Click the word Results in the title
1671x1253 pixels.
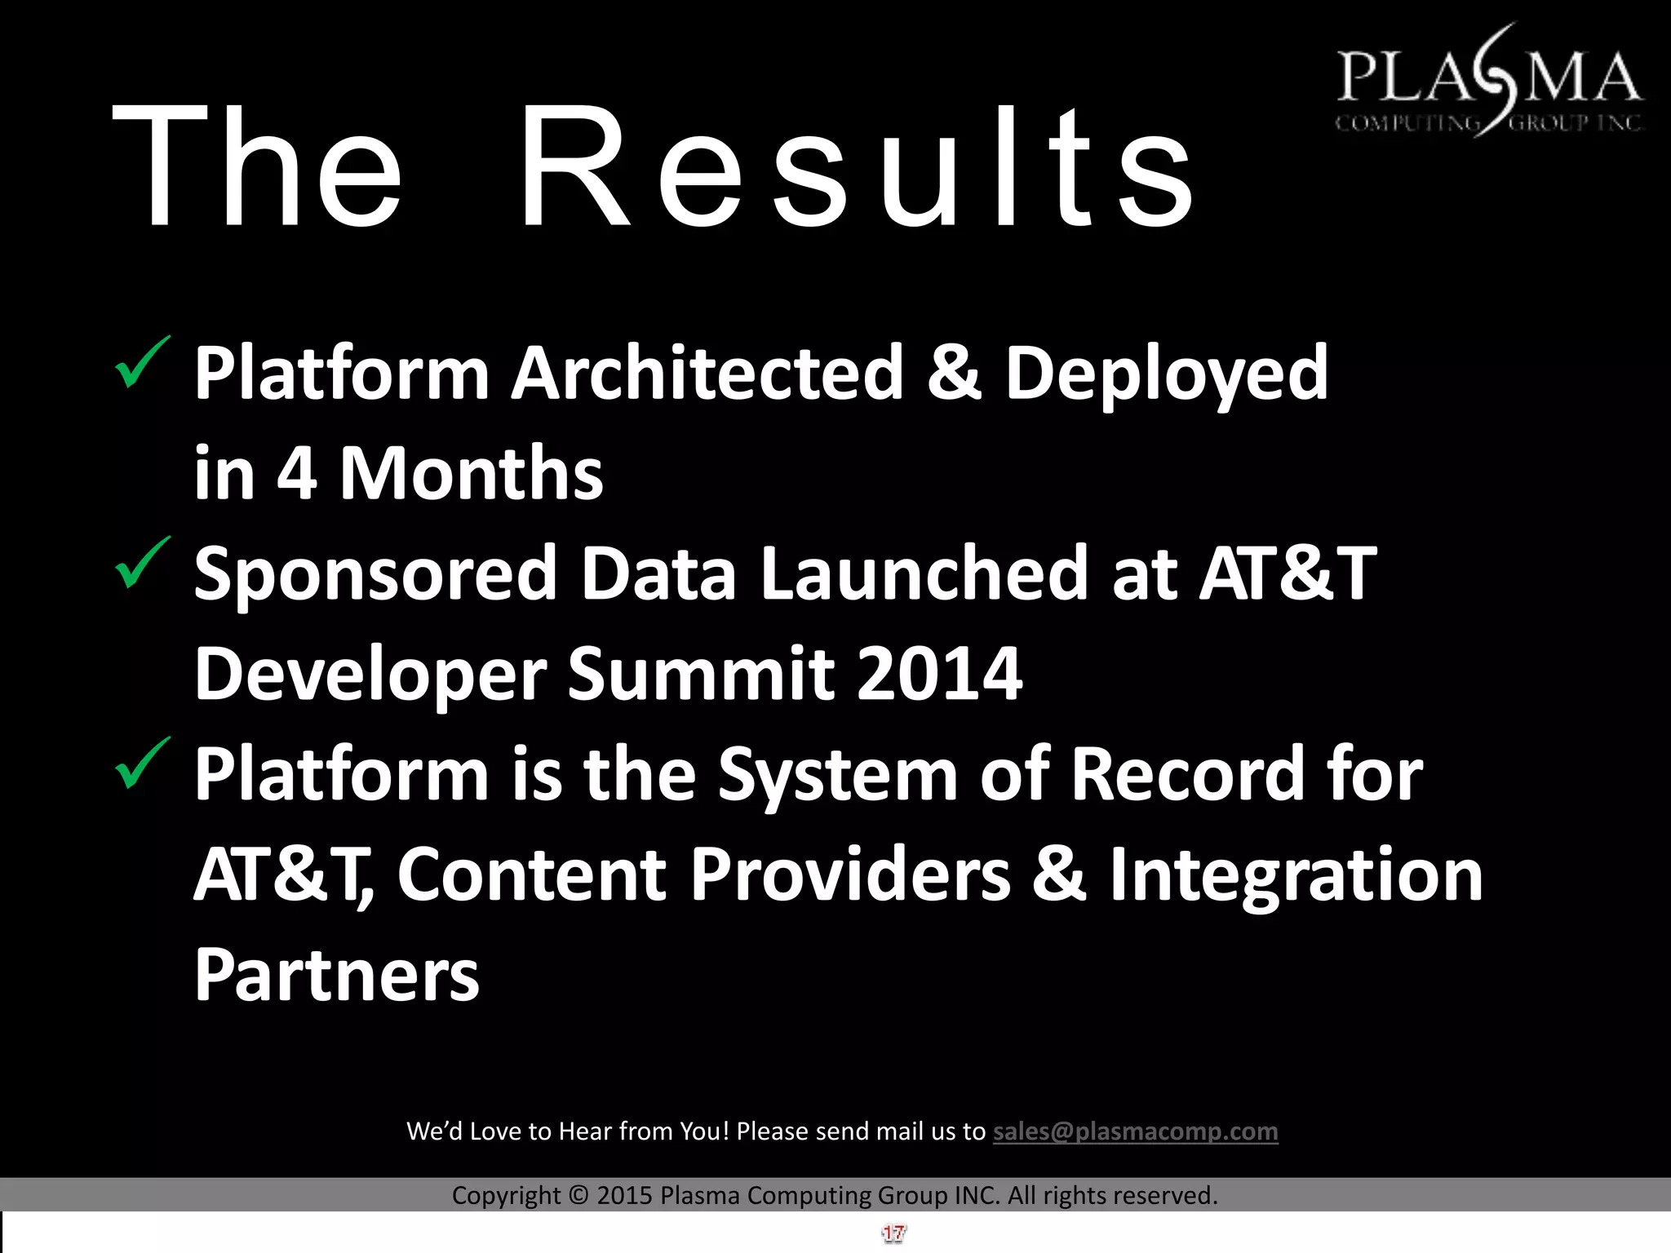coord(857,167)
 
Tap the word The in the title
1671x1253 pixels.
coord(257,167)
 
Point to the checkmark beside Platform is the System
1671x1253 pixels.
coord(143,764)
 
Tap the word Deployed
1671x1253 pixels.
coord(1166,375)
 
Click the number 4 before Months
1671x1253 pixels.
coord(296,474)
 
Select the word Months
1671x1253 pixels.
coord(471,474)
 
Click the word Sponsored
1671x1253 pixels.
coord(375,575)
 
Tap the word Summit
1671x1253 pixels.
coord(701,674)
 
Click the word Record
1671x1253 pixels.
coord(1187,774)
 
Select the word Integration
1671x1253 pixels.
coord(1296,874)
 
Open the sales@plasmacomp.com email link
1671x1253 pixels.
coord(1135,1131)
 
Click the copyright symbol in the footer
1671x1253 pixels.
coord(578,1196)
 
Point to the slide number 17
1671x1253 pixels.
coord(893,1233)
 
